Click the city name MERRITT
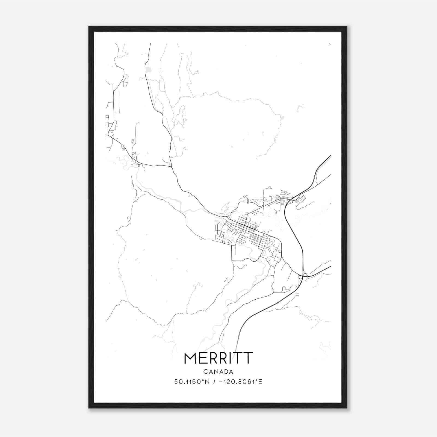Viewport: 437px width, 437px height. coord(218,358)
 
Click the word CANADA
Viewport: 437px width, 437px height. coord(218,372)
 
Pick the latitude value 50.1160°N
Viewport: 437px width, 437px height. coord(192,382)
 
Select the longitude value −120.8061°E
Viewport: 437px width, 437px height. coord(241,382)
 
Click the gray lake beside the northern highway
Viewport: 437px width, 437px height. coord(148,70)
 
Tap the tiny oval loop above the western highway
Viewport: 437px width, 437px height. coord(132,141)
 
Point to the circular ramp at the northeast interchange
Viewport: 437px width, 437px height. coord(291,202)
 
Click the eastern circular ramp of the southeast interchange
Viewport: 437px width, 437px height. coord(305,275)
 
